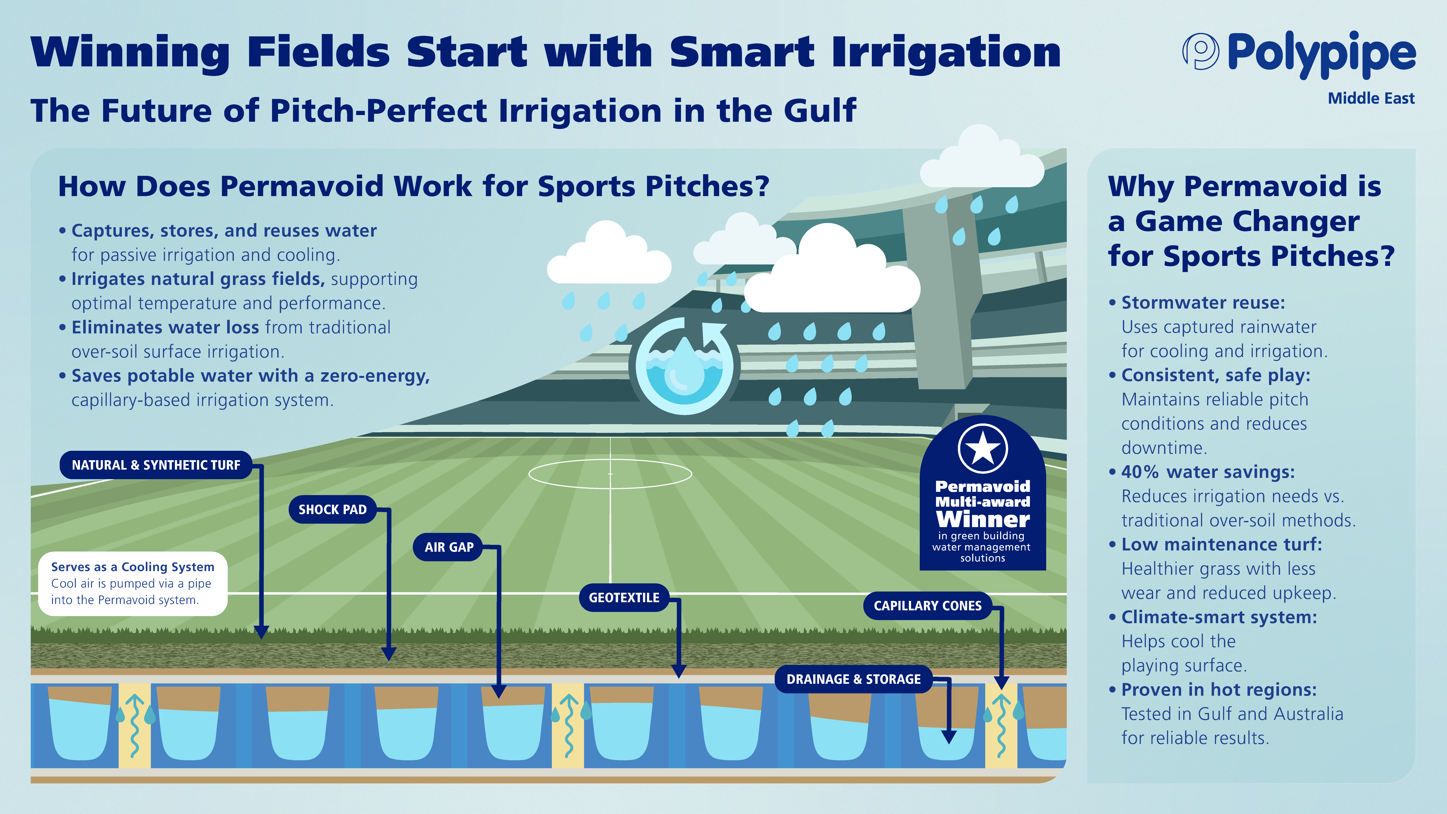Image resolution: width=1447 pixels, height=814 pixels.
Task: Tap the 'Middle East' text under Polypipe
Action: [x=1371, y=99]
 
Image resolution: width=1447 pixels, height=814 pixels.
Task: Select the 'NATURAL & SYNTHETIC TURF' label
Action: [x=156, y=465]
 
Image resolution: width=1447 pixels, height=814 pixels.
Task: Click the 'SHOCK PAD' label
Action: [x=333, y=510]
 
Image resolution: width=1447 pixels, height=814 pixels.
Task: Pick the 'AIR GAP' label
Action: [x=449, y=547]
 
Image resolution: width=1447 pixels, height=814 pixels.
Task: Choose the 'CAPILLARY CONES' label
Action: [x=927, y=606]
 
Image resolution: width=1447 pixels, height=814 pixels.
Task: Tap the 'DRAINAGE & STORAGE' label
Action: [x=853, y=679]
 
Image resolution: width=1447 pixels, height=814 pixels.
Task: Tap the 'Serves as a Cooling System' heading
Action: [x=133, y=567]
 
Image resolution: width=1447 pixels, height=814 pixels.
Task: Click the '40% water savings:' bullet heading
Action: [x=1208, y=472]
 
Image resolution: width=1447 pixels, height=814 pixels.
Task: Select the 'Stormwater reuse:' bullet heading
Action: [x=1203, y=303]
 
